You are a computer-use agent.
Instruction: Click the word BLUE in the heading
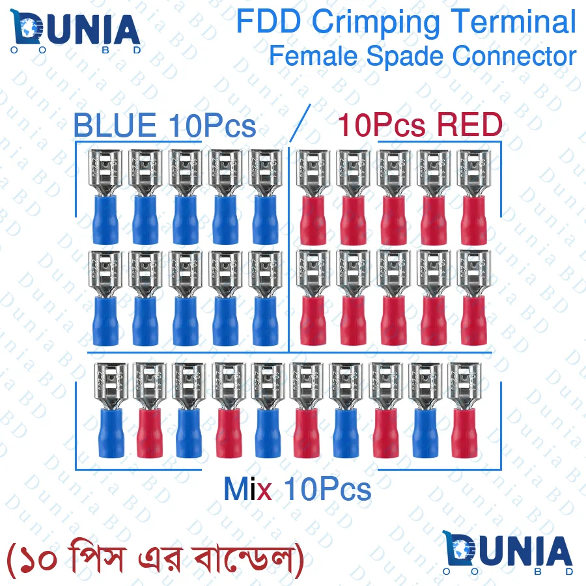tap(114, 126)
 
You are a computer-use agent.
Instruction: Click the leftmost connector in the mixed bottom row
tap(109, 408)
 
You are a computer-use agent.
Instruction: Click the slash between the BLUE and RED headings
tap(300, 122)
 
